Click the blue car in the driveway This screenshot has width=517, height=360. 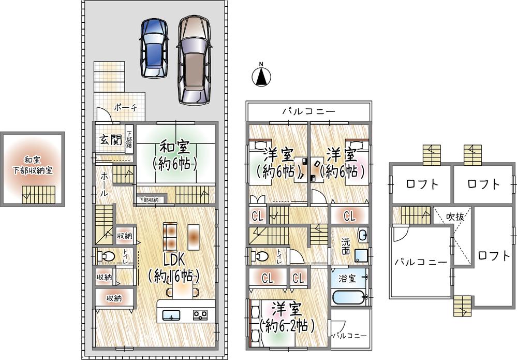(x=154, y=48)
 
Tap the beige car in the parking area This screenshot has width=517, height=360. (x=194, y=60)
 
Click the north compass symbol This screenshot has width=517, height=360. (x=261, y=76)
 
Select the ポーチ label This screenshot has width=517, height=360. (x=125, y=108)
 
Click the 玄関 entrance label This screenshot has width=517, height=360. (x=111, y=140)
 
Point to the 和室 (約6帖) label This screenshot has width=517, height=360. (x=175, y=155)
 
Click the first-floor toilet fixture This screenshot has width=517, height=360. (x=105, y=256)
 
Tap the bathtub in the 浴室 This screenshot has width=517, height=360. (x=348, y=297)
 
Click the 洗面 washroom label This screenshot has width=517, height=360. (x=346, y=246)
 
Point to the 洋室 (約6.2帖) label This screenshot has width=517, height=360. (x=287, y=318)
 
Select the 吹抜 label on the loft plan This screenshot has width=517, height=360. (x=455, y=217)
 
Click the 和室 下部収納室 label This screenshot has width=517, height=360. (x=33, y=165)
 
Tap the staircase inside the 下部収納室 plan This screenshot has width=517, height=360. (x=39, y=195)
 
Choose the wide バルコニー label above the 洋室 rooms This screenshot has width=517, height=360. (x=308, y=111)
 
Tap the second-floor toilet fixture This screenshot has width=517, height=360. (x=259, y=256)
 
